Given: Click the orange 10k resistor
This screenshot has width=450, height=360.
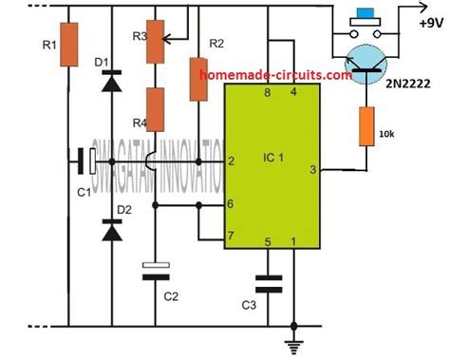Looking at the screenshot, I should [x=365, y=125].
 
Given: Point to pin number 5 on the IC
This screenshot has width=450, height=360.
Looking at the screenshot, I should [x=269, y=242].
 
